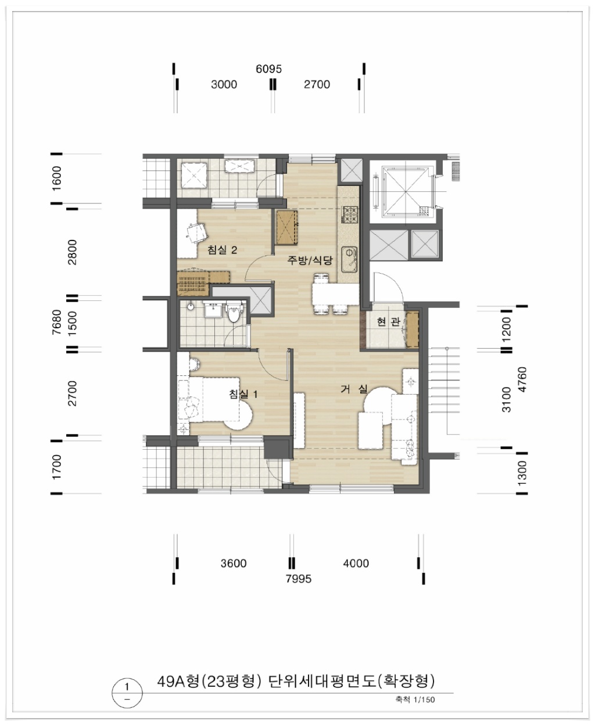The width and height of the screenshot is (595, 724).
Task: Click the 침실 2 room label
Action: (x=222, y=250)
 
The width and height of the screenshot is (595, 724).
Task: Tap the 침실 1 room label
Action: (x=243, y=394)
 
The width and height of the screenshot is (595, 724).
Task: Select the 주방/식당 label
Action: (x=310, y=260)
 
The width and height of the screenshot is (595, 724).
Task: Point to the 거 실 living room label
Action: (x=354, y=389)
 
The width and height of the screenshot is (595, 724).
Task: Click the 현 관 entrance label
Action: (x=388, y=322)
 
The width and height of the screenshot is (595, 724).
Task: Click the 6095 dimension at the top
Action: (x=268, y=69)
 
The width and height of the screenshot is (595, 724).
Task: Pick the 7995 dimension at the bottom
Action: (x=299, y=579)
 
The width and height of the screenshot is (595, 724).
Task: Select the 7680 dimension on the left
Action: (x=56, y=322)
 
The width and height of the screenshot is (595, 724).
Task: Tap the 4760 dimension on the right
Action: (x=522, y=379)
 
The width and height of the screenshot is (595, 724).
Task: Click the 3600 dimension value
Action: (x=234, y=564)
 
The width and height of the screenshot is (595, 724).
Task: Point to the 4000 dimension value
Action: (x=356, y=564)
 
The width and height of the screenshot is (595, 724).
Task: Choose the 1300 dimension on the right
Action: (x=522, y=474)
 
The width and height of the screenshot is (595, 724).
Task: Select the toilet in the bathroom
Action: (x=234, y=311)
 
